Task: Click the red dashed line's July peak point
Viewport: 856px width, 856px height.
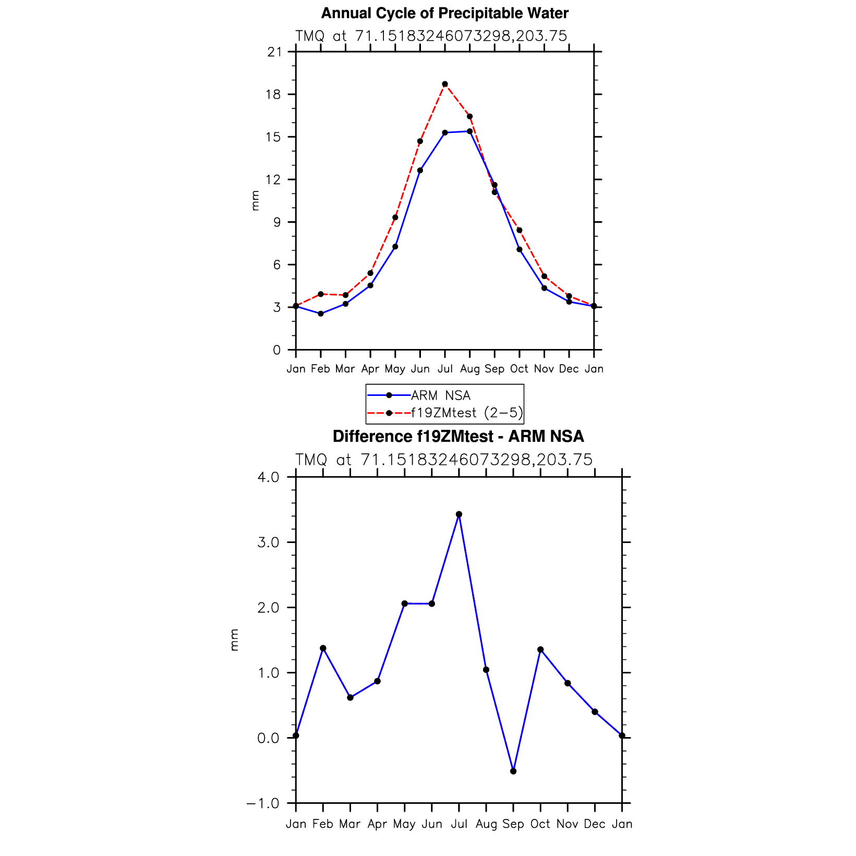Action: click(445, 84)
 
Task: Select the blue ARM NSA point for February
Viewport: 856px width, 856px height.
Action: click(321, 314)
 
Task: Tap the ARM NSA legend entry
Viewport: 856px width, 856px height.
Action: click(441, 395)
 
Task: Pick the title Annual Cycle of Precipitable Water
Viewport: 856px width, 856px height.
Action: click(444, 13)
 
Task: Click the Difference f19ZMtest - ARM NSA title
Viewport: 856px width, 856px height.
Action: click(458, 436)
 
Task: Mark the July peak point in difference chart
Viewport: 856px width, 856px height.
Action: click(459, 514)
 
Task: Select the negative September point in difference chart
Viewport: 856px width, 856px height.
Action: click(513, 771)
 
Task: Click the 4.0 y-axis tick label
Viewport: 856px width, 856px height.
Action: click(269, 477)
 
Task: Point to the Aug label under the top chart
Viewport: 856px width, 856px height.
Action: click(469, 369)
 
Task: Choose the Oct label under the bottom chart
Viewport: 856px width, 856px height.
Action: click(540, 824)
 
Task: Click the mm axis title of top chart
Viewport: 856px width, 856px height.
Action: click(255, 201)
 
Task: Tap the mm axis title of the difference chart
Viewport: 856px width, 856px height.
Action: click(234, 640)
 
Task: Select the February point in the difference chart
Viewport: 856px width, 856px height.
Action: click(323, 648)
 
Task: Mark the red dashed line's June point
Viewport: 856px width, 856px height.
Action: click(420, 141)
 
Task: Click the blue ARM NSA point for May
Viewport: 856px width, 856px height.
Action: click(395, 247)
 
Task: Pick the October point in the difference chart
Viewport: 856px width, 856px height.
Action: click(540, 649)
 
